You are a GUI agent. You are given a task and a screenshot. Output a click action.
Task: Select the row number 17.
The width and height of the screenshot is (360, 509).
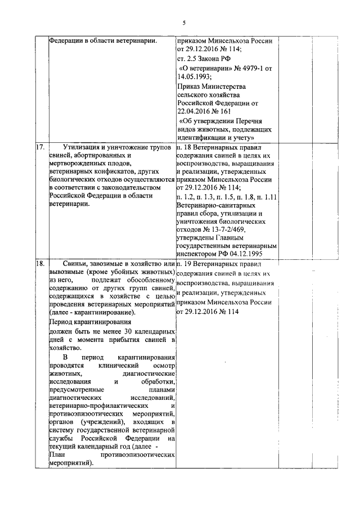(40, 147)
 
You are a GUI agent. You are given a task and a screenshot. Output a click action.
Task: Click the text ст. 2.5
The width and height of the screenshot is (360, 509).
(187, 58)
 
